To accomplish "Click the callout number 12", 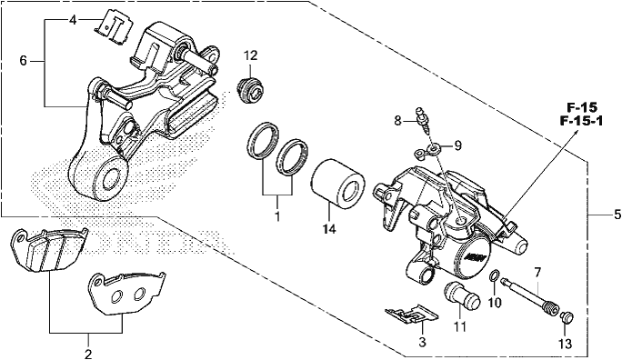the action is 251,55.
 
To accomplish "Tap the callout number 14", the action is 330,229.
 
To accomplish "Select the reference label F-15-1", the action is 581,121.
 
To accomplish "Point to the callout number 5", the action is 617,215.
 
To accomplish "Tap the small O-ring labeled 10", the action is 494,276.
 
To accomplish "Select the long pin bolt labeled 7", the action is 530,295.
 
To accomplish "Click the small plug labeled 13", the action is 567,317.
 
